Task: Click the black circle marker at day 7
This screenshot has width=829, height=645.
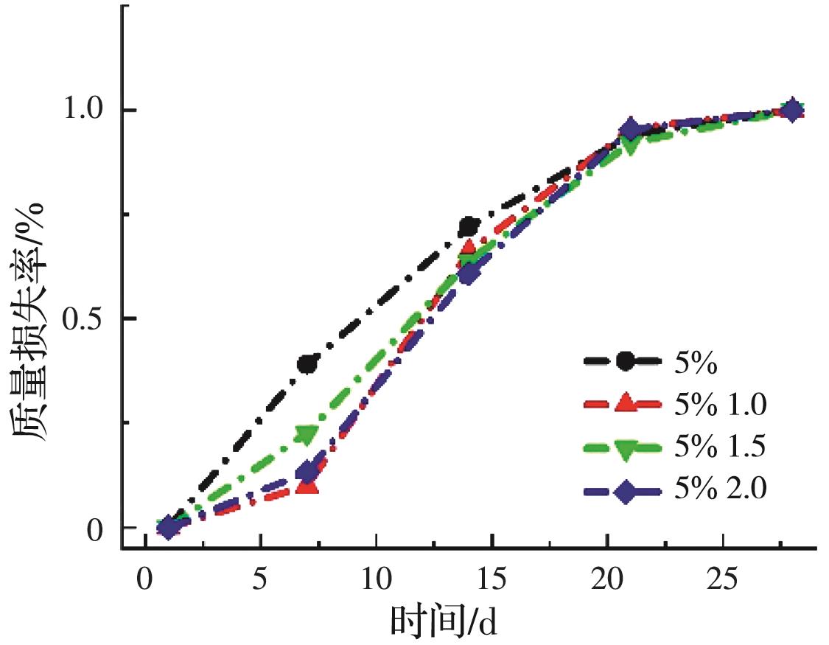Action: pos(308,363)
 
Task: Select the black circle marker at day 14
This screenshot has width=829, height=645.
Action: pos(469,226)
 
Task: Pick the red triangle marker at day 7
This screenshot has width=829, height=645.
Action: pos(307,484)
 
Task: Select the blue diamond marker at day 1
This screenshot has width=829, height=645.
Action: pos(168,527)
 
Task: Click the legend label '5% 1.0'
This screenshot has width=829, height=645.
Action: pos(721,403)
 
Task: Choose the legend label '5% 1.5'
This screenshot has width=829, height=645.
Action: pos(721,447)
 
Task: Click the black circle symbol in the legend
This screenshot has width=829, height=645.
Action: pos(626,360)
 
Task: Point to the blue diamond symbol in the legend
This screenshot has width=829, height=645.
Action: pos(626,491)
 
